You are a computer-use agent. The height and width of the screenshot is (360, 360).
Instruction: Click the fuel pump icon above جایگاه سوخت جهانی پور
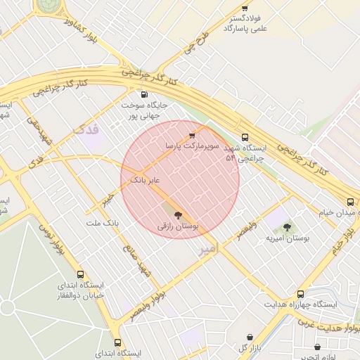coord(144,94)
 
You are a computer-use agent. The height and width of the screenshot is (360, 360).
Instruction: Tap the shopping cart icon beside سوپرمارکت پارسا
coord(192,135)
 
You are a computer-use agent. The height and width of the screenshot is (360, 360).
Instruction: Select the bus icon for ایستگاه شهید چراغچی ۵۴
coord(245,137)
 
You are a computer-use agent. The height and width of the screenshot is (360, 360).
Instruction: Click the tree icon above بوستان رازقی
coord(176,215)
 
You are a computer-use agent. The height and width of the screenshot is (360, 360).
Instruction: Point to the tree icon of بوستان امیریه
coord(287,227)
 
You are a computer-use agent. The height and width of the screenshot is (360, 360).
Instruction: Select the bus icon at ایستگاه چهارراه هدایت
coord(301,294)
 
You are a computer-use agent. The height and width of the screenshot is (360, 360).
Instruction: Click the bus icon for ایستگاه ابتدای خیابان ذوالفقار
coord(81,274)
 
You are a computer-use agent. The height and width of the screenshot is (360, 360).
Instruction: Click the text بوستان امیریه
coord(288,239)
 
